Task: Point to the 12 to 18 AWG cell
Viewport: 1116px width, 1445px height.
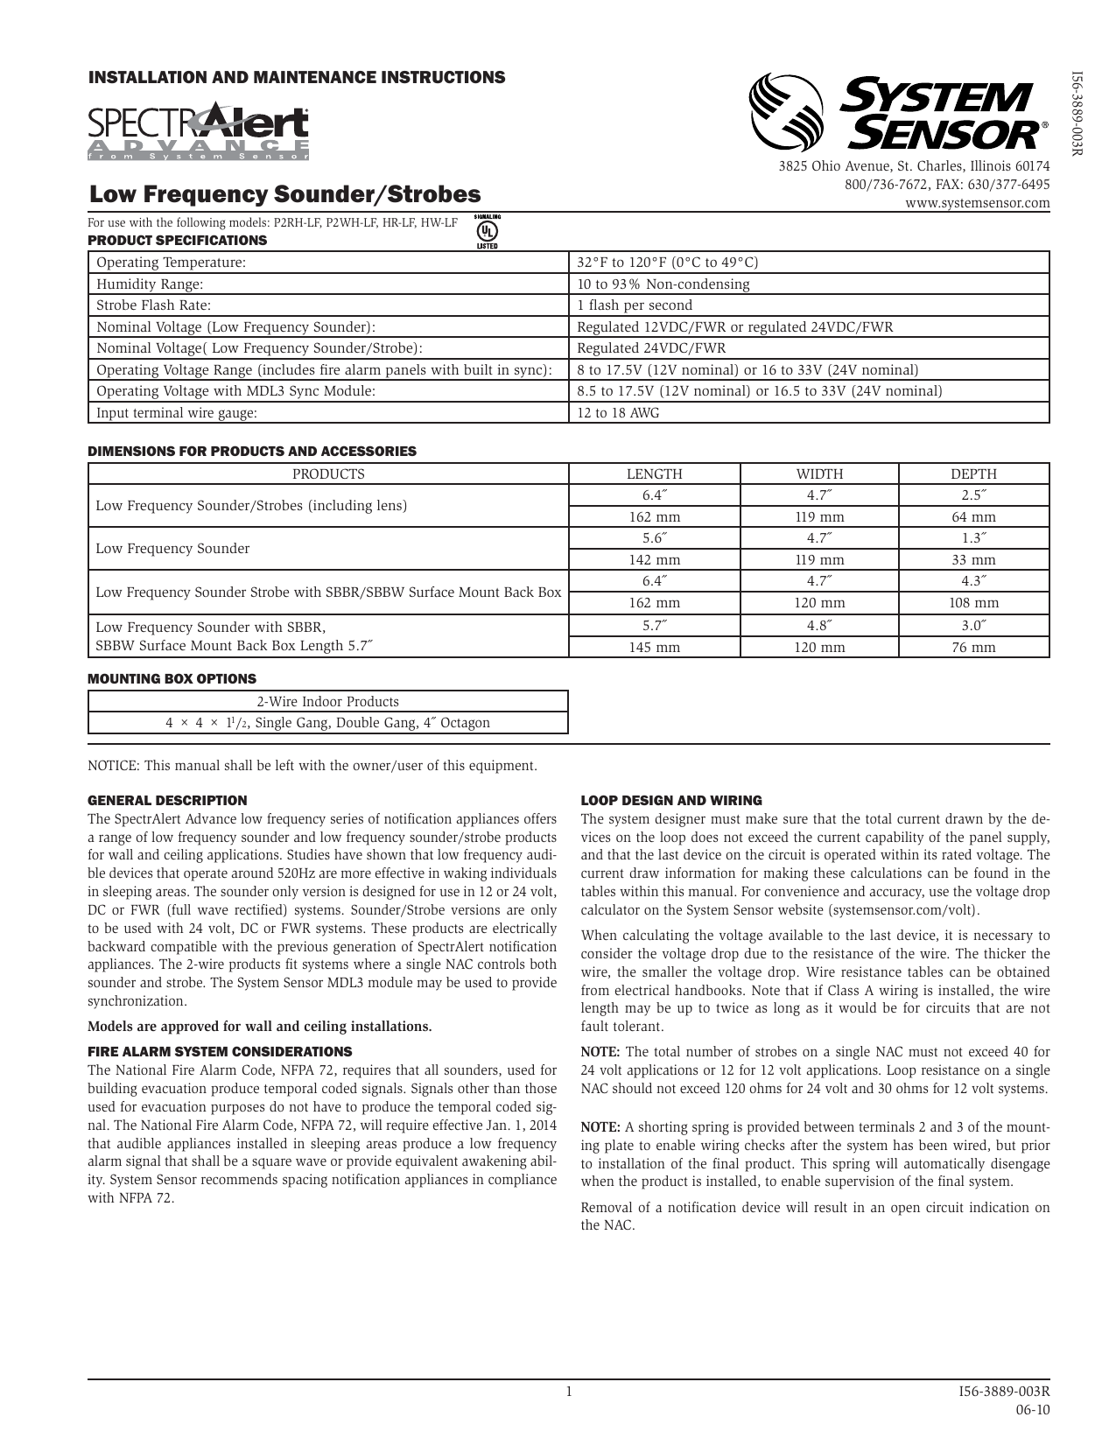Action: click(618, 412)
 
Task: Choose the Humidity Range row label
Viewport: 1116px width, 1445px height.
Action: click(150, 284)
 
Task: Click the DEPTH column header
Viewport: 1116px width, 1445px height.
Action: click(973, 473)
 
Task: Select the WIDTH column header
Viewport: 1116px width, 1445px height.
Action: click(819, 473)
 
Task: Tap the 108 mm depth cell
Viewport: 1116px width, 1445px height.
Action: click(973, 603)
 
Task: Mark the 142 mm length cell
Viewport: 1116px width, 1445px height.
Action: click(654, 560)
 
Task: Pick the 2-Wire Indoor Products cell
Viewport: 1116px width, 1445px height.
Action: click(327, 701)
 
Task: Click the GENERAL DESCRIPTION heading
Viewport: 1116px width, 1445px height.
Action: click(167, 800)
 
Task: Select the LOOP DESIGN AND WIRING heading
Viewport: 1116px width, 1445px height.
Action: click(671, 800)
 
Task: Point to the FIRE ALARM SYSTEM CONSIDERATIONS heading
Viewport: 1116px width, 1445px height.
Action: click(220, 1051)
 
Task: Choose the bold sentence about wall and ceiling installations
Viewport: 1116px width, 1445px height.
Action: click(260, 1027)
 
